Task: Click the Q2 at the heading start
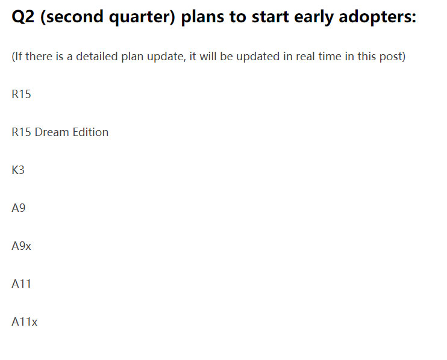23,17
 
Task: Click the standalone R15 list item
21,95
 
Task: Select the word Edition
90,132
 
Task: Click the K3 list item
18,170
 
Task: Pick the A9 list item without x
18,208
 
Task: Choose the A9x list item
21,246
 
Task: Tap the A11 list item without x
21,284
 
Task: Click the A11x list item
25,322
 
